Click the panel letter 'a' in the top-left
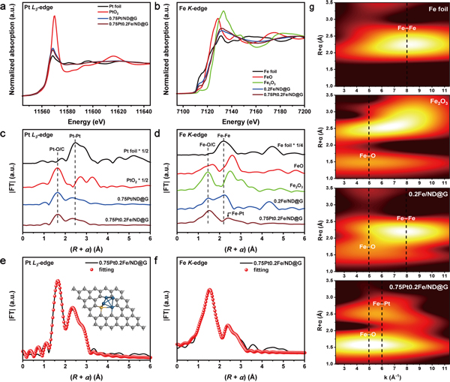coord(5,6)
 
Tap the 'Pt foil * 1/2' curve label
coord(127,152)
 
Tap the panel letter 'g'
coord(316,6)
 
